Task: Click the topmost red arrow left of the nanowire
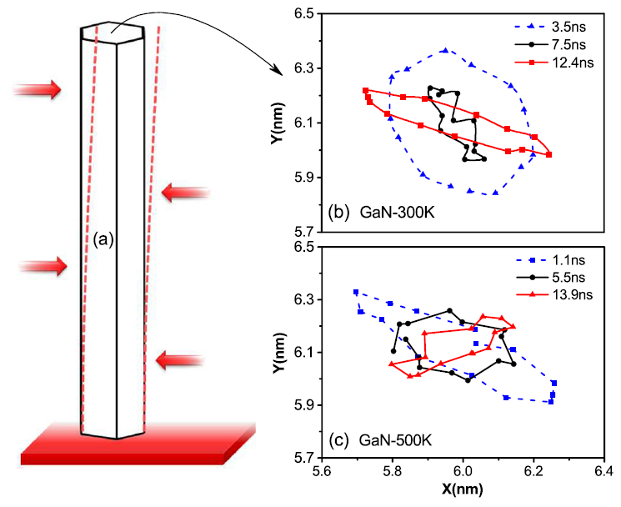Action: click(38, 89)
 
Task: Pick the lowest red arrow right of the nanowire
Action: click(178, 360)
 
